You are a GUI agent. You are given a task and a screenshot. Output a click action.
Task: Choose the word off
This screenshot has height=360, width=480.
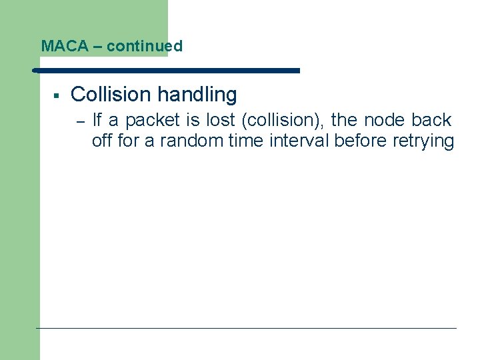click(101, 141)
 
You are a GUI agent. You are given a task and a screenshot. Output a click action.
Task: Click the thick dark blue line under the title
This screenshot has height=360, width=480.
click(167, 70)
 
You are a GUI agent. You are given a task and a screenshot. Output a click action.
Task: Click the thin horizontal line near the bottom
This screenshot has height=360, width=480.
click(247, 328)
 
